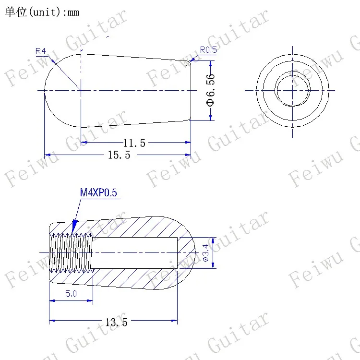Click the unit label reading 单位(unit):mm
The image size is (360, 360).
(x=42, y=12)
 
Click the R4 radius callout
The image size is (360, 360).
(x=41, y=51)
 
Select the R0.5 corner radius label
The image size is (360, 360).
(x=208, y=50)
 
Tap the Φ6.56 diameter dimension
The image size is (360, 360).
(x=211, y=90)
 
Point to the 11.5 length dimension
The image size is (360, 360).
(x=134, y=143)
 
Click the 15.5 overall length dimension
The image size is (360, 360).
(x=119, y=155)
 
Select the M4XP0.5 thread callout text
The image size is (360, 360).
(x=98, y=192)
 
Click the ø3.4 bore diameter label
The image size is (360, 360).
(x=206, y=253)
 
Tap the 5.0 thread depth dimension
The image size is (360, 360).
(x=71, y=293)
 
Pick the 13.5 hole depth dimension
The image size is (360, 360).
(x=116, y=322)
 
